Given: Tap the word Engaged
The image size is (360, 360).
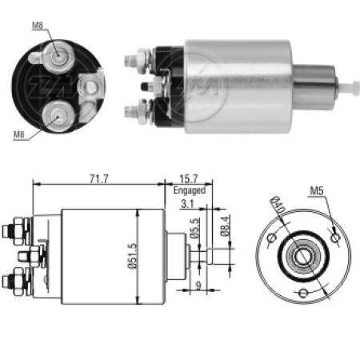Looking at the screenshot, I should point(189,191).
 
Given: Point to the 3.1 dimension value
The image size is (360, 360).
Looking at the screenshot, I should point(189,206).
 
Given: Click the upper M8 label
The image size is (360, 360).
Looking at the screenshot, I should point(38,25).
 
